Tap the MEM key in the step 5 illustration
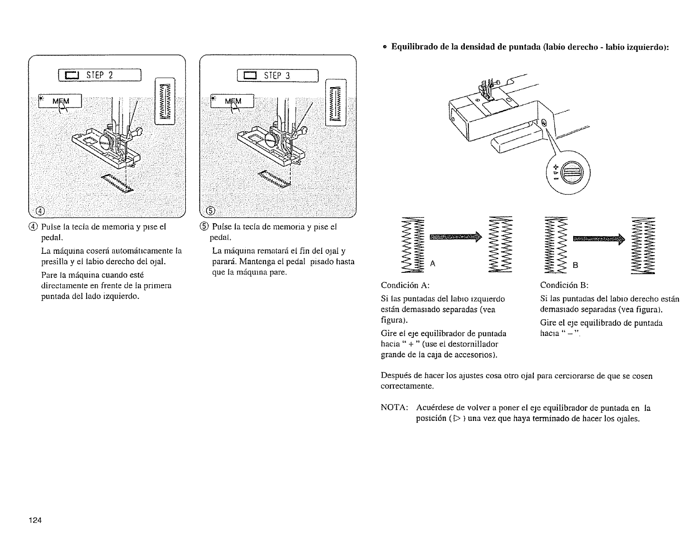pyautogui.click(x=233, y=102)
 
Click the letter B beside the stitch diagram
pyautogui.click(x=575, y=265)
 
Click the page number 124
pyautogui.click(x=35, y=520)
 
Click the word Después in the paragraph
pyautogui.click(x=394, y=376)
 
